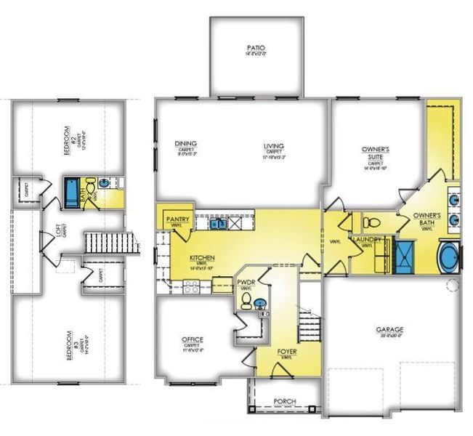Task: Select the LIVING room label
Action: (x=274, y=146)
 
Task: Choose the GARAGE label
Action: (x=389, y=328)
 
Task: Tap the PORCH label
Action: (x=284, y=401)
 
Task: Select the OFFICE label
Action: (x=193, y=339)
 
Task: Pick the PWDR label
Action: (x=245, y=281)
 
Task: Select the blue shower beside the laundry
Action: (x=403, y=256)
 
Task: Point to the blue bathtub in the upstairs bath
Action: (x=73, y=191)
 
